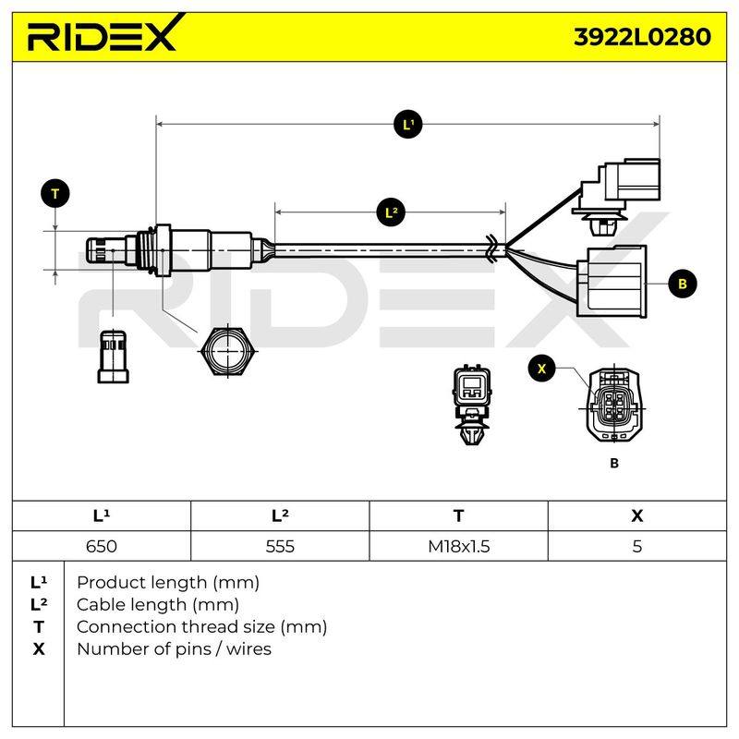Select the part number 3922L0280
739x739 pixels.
click(x=642, y=37)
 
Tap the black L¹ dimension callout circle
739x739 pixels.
click(x=407, y=125)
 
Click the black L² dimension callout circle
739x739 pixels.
click(x=391, y=212)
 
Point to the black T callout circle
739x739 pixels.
click(x=55, y=194)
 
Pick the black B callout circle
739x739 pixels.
click(x=682, y=284)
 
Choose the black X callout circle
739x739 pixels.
click(x=541, y=369)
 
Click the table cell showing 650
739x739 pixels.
click(x=102, y=546)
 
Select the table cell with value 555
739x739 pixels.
click(x=280, y=546)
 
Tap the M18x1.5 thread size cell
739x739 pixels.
click(x=458, y=546)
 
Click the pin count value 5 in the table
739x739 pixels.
click(x=637, y=546)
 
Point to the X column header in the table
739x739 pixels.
click(x=637, y=515)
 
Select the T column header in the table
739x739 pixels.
click(x=458, y=515)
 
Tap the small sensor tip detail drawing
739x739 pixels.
click(x=113, y=357)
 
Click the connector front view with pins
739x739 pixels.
click(x=614, y=406)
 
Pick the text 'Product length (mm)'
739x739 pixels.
click(x=168, y=583)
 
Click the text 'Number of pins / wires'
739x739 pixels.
click(x=174, y=649)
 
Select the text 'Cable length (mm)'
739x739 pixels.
click(x=158, y=605)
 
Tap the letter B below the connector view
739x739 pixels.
click(x=613, y=463)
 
